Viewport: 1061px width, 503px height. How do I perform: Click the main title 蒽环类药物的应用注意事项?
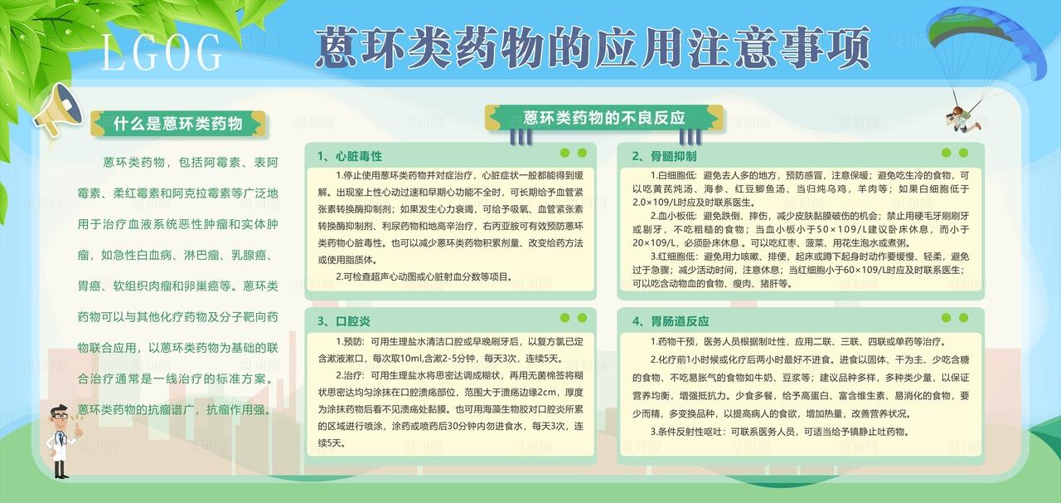tap(593, 46)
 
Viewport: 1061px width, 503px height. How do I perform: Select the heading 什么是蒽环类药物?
tap(178, 124)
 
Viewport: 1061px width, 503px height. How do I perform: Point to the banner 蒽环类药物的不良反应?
tap(604, 118)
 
